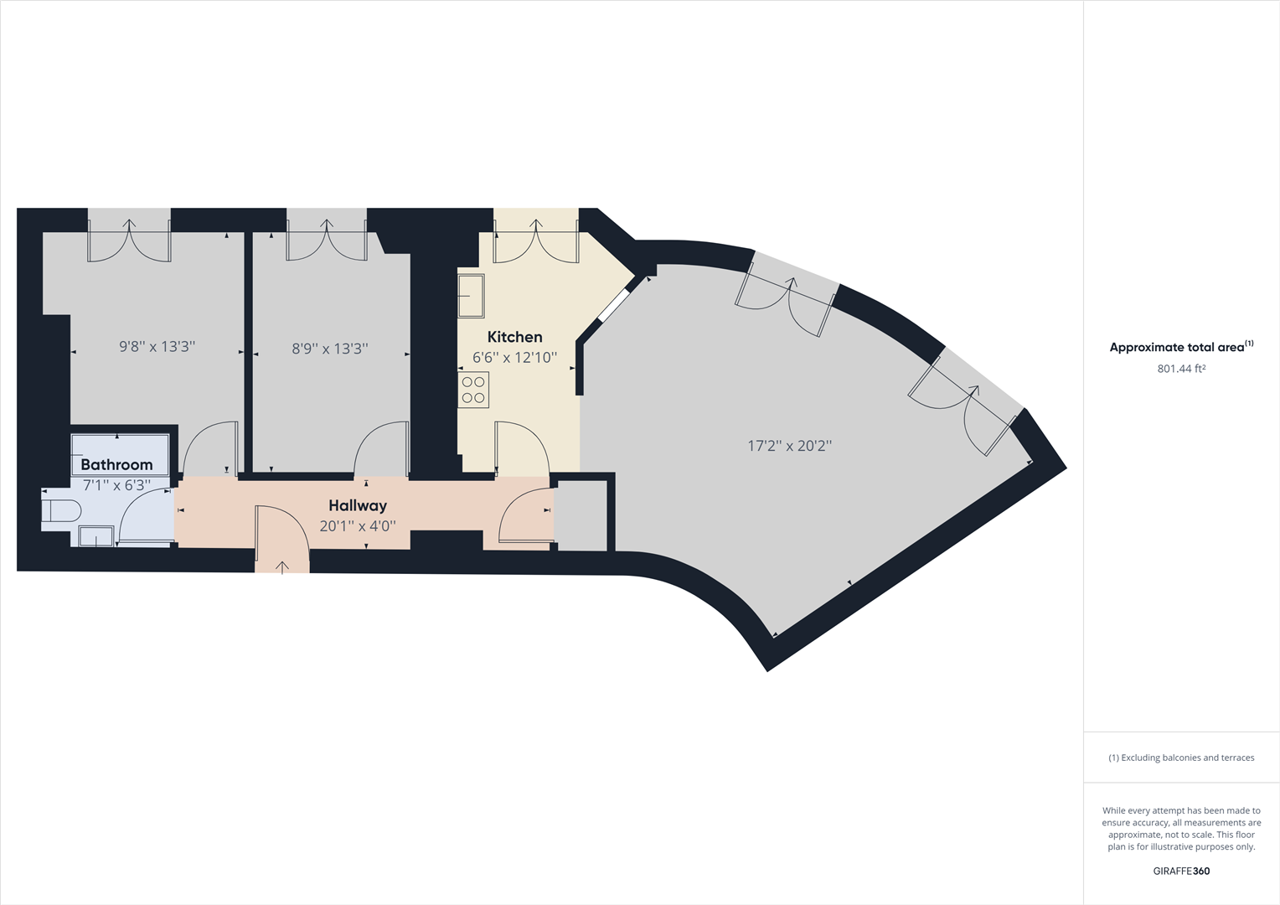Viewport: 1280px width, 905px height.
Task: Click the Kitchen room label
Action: (x=514, y=337)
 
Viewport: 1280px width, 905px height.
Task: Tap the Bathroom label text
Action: (x=116, y=464)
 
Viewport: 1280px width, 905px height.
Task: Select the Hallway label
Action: (x=358, y=505)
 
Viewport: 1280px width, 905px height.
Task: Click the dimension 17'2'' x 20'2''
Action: (x=789, y=446)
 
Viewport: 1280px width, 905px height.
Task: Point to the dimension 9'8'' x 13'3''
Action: (x=157, y=346)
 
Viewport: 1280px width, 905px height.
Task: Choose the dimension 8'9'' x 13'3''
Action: (x=330, y=349)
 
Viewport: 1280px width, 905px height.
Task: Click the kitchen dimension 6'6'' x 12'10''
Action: (x=514, y=358)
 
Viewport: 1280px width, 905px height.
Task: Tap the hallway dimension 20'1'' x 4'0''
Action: (x=358, y=527)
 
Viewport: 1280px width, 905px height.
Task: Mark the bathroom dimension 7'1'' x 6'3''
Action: (x=116, y=484)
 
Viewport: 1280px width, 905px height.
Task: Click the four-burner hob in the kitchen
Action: (x=473, y=390)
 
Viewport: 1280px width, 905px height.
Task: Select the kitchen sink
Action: (x=471, y=296)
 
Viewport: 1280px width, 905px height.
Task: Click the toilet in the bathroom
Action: (x=61, y=510)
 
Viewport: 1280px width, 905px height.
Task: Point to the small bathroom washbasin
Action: (x=96, y=535)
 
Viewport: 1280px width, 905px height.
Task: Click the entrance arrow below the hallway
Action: (x=282, y=567)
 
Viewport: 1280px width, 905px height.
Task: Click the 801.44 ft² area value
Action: (x=1181, y=369)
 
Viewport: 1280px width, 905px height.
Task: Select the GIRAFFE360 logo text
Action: (x=1181, y=871)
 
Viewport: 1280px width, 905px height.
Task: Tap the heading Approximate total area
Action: (x=1176, y=347)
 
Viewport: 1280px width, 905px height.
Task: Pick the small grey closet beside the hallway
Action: (x=582, y=515)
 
